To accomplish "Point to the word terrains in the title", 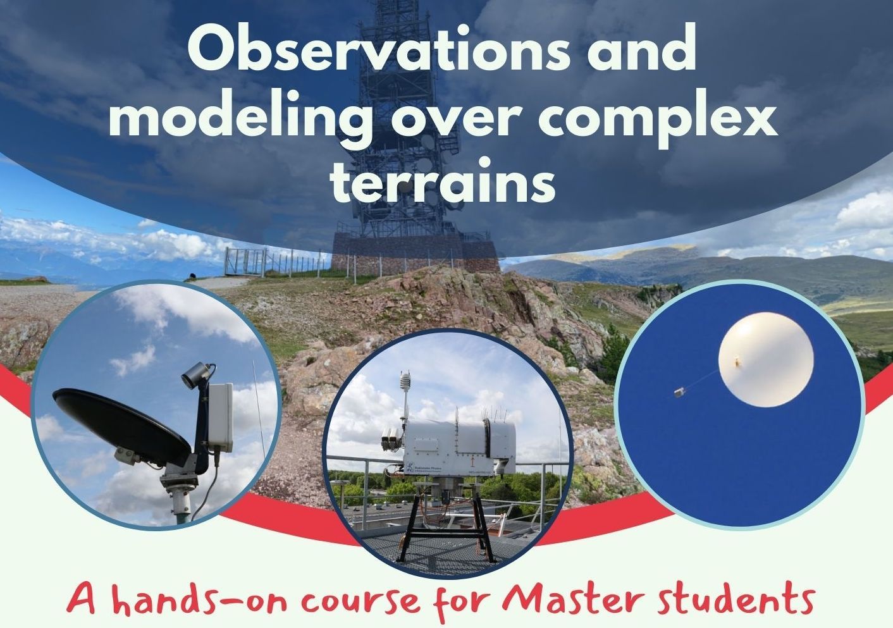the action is pyautogui.click(x=443, y=182).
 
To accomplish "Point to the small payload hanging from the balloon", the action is pyautogui.click(x=679, y=393).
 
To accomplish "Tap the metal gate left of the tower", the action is pyautogui.click(x=245, y=261).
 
